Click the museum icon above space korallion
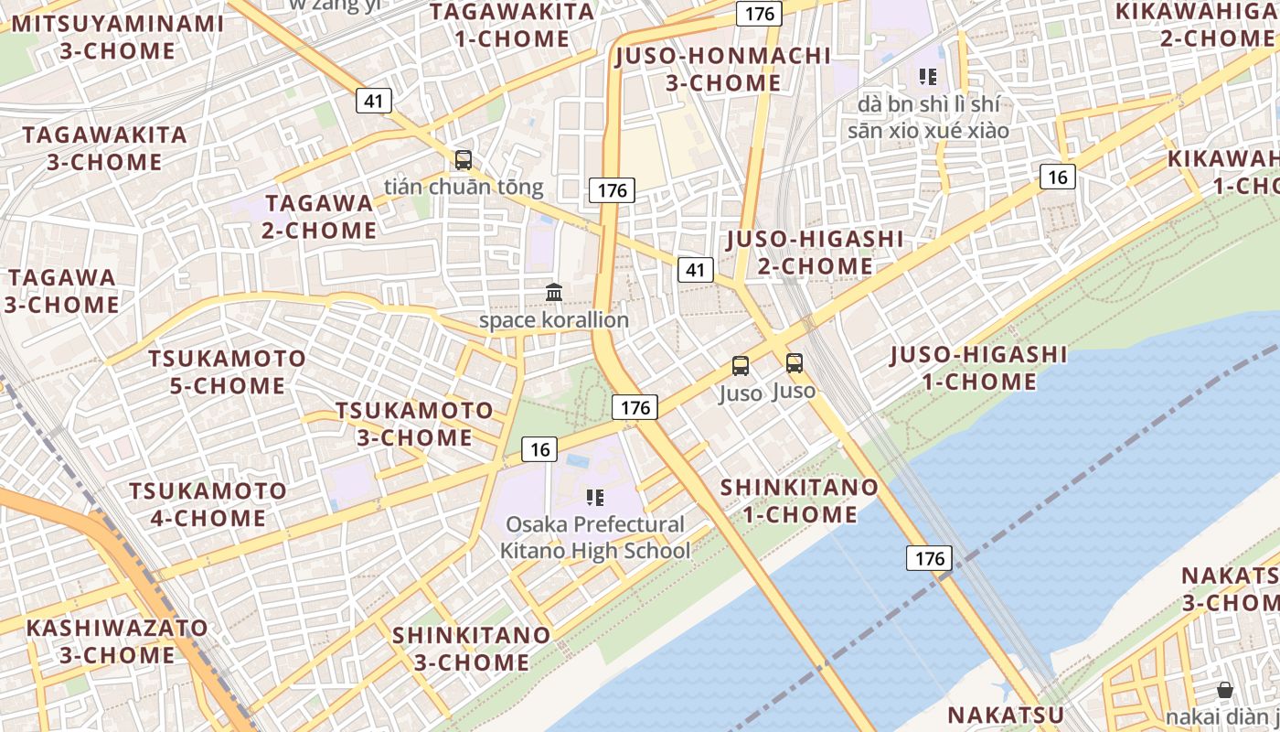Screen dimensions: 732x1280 554,293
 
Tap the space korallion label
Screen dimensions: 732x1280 554,320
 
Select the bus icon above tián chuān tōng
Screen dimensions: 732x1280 464,160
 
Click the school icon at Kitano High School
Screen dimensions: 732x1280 595,498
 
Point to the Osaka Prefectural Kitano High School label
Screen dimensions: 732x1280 595,538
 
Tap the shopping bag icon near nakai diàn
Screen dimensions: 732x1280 1225,691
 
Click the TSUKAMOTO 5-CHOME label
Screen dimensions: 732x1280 228,371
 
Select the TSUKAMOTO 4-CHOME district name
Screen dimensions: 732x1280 208,504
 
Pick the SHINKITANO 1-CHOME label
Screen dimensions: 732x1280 799,501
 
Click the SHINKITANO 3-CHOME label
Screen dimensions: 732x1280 472,648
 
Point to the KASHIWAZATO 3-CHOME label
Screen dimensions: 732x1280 117,641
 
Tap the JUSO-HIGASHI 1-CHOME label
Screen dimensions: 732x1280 978,367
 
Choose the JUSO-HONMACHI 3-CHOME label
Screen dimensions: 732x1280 722,69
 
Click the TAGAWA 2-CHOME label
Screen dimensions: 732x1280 319,216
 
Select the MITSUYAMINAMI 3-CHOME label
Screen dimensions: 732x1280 117,37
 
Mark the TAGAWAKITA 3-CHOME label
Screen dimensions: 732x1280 104,148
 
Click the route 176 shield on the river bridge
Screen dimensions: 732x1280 930,557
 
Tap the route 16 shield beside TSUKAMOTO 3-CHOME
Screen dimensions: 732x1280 539,448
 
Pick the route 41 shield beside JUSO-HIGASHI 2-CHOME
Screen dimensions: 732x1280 696,269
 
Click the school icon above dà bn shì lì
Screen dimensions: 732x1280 929,76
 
